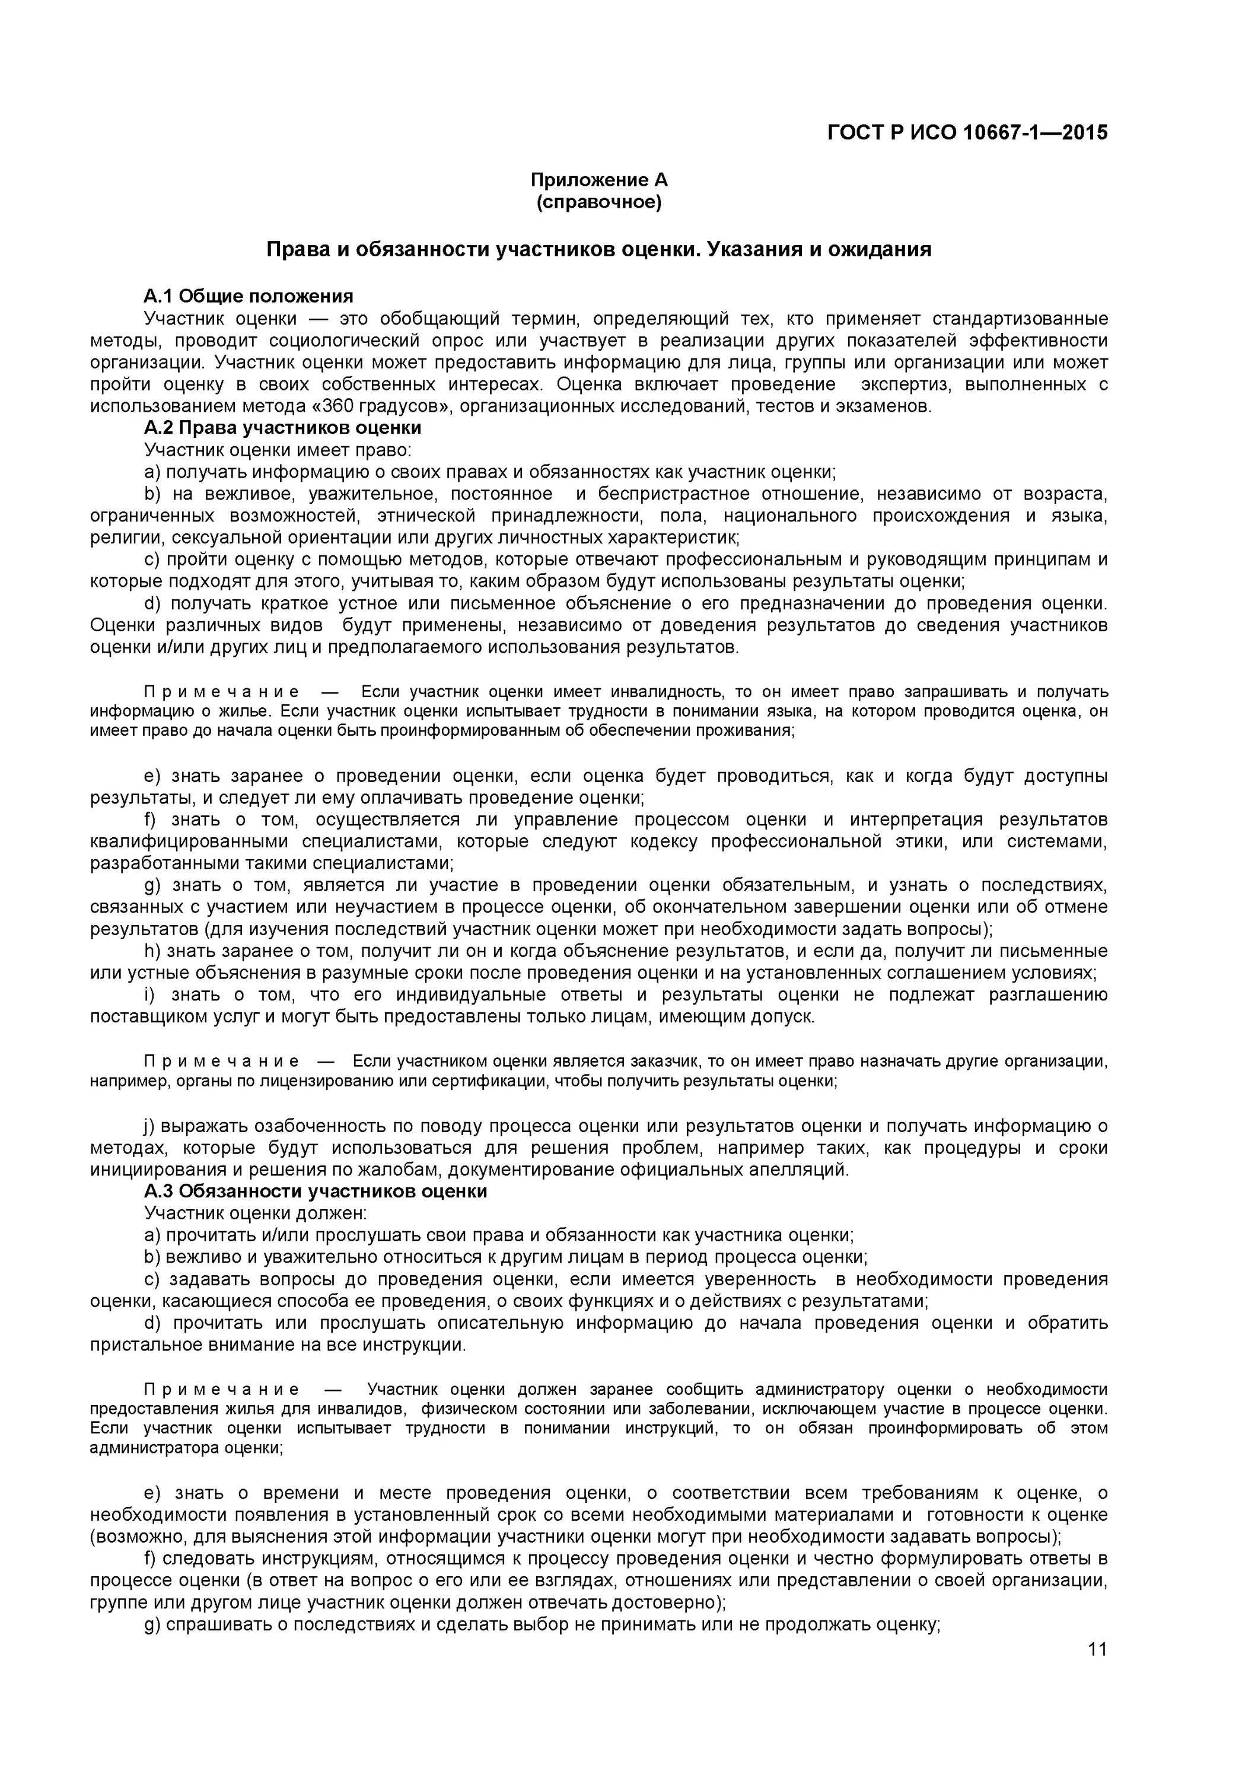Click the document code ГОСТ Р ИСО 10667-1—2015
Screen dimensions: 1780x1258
click(967, 132)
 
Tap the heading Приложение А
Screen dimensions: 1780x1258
click(598, 180)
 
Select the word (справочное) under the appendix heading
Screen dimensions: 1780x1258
click(598, 202)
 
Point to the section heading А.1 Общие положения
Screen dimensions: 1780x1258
click(248, 296)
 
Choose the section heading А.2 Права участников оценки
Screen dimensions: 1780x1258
click(282, 428)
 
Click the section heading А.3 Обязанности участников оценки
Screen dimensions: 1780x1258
click(316, 1191)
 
